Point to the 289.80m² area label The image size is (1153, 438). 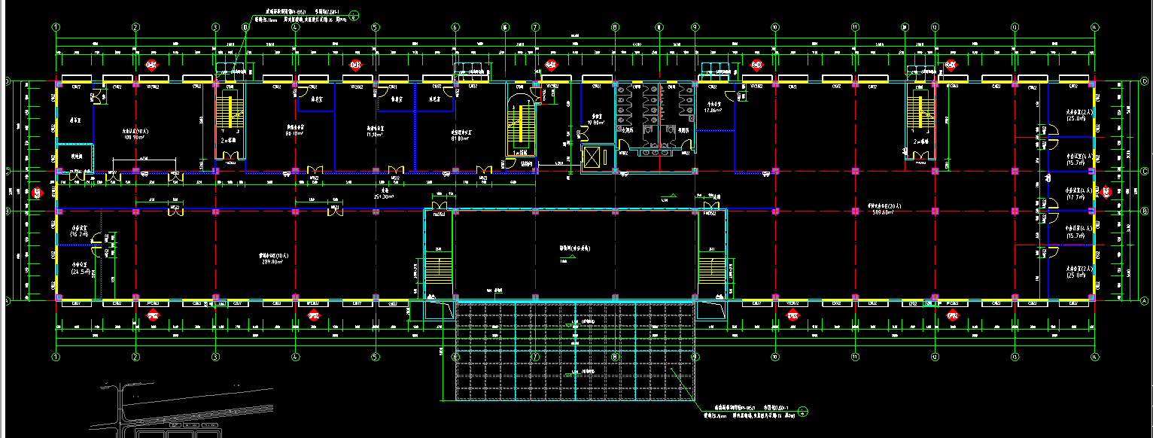click(271, 262)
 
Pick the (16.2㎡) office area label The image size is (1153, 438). click(80, 234)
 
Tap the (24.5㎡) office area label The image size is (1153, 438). click(80, 271)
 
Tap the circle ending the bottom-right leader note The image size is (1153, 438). click(802, 411)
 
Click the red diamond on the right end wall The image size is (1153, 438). click(1106, 193)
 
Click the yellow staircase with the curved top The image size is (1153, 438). click(517, 125)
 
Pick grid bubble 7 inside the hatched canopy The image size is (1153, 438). click(535, 357)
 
